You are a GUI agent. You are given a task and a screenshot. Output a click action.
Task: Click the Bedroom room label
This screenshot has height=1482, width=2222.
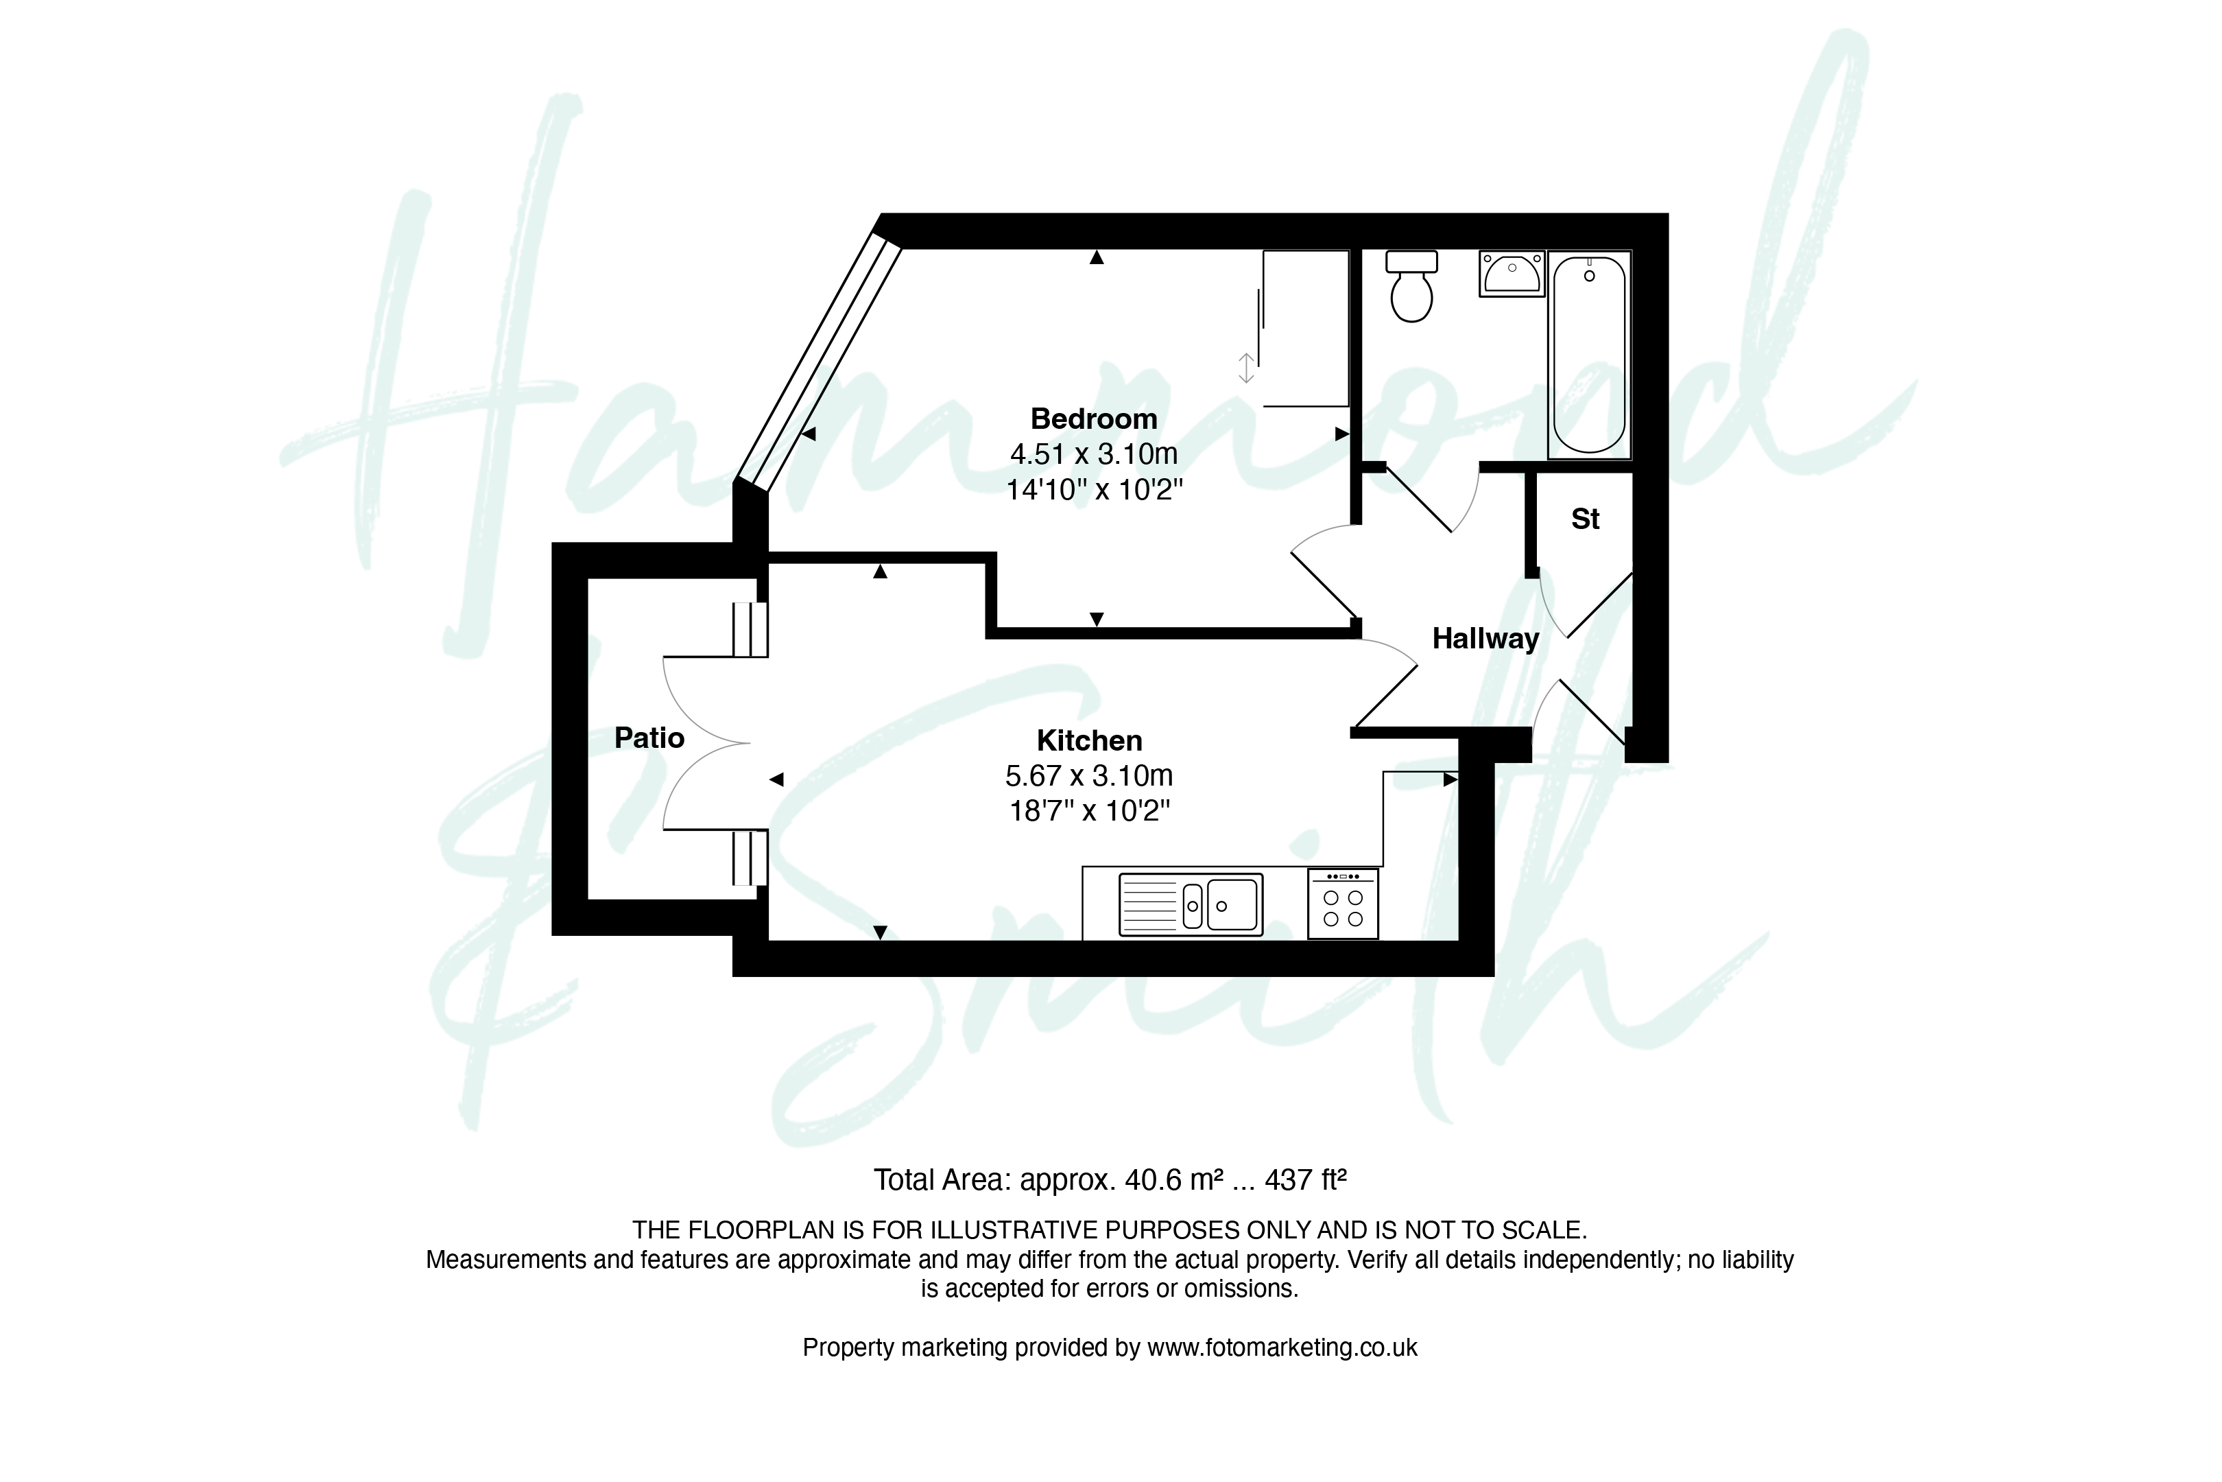pos(1093,419)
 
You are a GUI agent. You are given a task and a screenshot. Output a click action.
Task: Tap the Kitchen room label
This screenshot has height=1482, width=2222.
pos(1089,740)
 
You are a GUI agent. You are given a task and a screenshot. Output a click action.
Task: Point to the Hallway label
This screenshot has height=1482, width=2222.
pos(1485,639)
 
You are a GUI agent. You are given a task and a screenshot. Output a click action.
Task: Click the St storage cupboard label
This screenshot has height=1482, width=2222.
pos(1586,519)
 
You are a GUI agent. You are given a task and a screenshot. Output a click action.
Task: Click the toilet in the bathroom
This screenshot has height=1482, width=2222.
pos(1411,285)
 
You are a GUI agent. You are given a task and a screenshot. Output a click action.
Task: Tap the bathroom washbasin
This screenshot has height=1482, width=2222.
pos(1512,274)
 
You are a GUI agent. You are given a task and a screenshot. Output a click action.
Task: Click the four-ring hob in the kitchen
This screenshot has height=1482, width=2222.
pos(1343,904)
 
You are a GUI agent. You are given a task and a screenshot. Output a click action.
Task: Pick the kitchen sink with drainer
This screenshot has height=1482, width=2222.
pos(1191,904)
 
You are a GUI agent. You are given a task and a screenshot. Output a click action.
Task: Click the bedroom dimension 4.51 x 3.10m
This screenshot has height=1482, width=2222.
pos(1094,455)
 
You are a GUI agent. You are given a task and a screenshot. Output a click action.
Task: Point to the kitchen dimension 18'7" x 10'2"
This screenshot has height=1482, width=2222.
pos(1089,811)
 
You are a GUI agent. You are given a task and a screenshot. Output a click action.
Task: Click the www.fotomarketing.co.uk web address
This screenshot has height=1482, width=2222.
pos(1282,1348)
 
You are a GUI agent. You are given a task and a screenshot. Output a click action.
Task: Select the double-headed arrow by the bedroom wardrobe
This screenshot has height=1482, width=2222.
pos(1246,368)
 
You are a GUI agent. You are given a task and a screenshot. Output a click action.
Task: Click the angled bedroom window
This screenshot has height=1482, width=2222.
pos(818,363)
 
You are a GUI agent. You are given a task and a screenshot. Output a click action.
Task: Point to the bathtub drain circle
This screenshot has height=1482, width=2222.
pos(1589,276)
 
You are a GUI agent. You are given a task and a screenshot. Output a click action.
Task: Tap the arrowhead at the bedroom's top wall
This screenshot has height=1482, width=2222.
pos(1096,257)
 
